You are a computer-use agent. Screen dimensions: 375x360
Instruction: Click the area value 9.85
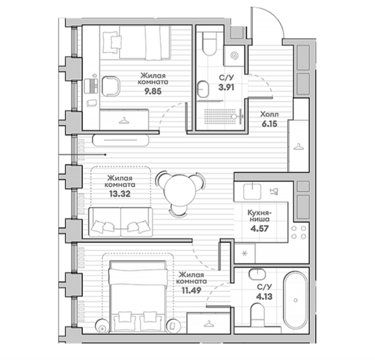click(153, 92)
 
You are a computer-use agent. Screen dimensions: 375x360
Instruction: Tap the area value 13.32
click(120, 194)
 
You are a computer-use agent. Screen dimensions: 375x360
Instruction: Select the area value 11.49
click(191, 291)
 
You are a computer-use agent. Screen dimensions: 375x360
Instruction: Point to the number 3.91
click(226, 87)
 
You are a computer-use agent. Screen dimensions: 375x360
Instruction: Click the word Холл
click(270, 115)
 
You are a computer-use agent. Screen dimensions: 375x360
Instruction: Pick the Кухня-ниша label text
click(259, 215)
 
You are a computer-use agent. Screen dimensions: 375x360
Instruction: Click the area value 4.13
click(264, 297)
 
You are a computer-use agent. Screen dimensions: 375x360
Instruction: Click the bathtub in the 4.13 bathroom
click(296, 300)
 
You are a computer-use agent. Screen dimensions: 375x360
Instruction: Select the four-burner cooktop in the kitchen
click(299, 232)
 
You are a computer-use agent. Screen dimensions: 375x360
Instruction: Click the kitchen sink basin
click(252, 191)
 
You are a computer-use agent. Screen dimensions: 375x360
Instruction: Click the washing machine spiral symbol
click(235, 56)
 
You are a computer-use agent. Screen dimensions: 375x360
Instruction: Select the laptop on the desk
click(91, 85)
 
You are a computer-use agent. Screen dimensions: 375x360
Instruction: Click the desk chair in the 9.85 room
click(111, 86)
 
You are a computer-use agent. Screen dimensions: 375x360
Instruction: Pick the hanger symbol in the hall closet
click(299, 147)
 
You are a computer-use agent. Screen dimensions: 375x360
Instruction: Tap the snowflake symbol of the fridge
click(244, 254)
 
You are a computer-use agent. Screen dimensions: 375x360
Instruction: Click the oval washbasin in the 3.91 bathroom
click(203, 89)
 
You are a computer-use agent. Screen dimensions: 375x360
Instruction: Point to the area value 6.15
click(270, 124)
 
